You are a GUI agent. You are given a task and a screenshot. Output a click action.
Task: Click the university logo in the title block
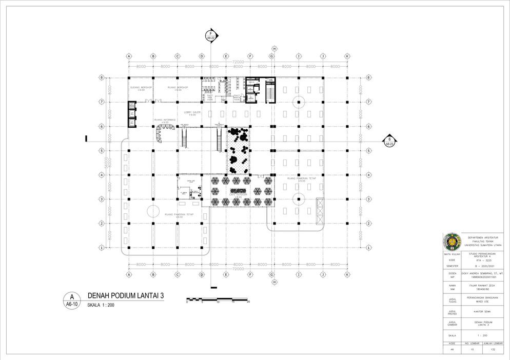pos(452,242)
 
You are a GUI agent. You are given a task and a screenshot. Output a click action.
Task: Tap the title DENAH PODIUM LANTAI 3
pos(126,296)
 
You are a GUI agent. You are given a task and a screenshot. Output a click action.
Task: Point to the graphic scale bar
pos(218,299)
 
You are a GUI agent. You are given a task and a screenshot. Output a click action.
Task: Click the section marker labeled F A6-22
pos(211,35)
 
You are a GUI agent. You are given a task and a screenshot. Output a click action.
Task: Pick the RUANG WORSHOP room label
pos(178,87)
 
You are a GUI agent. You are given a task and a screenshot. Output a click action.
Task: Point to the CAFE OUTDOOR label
pos(239,195)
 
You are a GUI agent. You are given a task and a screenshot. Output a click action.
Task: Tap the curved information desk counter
pos(163,132)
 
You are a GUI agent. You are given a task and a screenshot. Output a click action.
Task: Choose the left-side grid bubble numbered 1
pos(102,248)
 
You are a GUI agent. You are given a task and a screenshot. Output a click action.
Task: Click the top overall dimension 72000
pos(238,62)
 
